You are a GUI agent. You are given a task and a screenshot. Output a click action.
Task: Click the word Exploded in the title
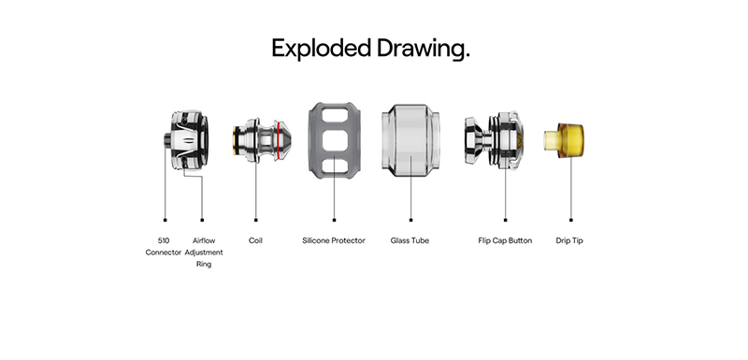click(x=321, y=50)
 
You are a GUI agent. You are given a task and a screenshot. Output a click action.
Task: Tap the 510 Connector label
click(x=164, y=247)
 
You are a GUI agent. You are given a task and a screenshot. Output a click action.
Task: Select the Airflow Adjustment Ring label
click(x=204, y=252)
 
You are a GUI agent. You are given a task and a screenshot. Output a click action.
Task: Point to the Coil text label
click(x=255, y=240)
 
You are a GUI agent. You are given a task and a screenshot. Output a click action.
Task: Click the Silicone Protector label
click(x=334, y=240)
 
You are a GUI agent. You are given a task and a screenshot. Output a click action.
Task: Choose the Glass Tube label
click(x=410, y=240)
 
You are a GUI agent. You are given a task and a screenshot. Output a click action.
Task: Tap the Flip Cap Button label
click(x=505, y=241)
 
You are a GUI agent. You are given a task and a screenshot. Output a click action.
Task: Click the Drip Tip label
click(x=569, y=241)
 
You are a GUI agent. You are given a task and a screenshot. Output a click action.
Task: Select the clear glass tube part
click(x=410, y=140)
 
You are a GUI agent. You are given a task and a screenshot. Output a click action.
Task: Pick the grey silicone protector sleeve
click(x=335, y=140)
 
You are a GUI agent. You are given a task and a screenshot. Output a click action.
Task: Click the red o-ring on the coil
click(x=277, y=140)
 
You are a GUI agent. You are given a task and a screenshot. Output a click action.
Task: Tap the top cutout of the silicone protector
click(x=335, y=115)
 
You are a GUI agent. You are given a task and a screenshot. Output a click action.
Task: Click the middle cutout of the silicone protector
click(x=335, y=140)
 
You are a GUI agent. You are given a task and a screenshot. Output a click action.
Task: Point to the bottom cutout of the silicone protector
click(x=335, y=166)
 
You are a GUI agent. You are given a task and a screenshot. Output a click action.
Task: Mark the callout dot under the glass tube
click(x=410, y=220)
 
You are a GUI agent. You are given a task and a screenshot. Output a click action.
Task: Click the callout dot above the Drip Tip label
click(x=571, y=220)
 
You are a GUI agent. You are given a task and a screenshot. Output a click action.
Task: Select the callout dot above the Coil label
click(x=255, y=220)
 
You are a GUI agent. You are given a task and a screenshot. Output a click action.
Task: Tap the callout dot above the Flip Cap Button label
click(x=505, y=220)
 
